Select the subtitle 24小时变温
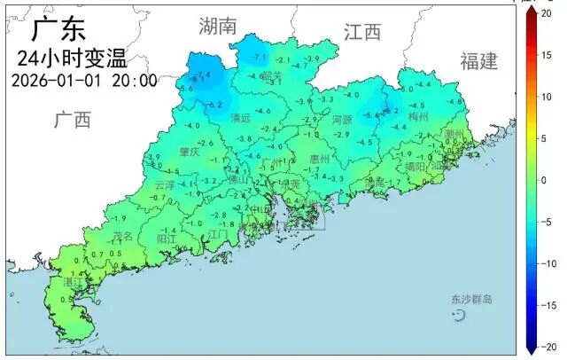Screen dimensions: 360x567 pos(72,59)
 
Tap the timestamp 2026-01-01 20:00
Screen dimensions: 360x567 pos(85,81)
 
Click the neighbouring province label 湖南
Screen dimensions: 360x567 pos(218,26)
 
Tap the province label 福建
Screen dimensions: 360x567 pos(479,60)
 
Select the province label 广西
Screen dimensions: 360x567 pos(72,120)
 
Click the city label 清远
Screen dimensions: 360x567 pos(240,118)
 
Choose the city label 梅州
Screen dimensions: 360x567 pos(417,116)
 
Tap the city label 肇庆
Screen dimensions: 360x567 pos(190,153)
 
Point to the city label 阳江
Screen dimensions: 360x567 pos(167,239)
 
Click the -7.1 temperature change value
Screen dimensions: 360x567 pos(260,58)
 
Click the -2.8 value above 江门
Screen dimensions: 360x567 pos(219,215)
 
